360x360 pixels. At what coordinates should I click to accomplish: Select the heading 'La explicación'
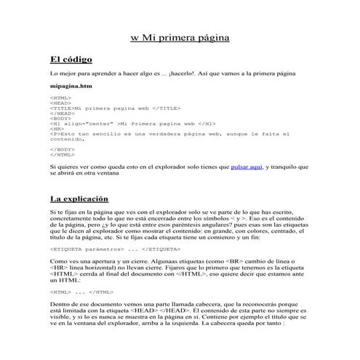pyautogui.click(x=79, y=198)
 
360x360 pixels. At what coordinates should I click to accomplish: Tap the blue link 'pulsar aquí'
pyautogui.click(x=246, y=167)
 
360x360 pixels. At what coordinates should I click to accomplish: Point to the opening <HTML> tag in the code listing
pyautogui.click(x=60, y=97)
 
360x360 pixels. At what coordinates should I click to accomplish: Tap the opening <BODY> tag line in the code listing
pyautogui.click(x=60, y=119)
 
